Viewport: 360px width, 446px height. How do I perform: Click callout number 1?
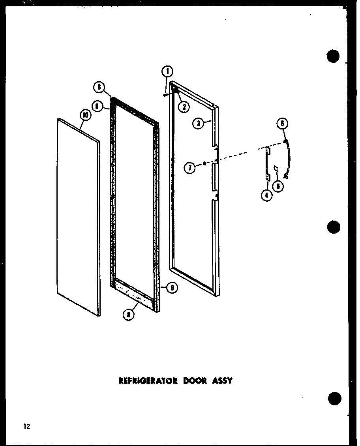(167, 71)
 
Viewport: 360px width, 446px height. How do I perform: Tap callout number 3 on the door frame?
(199, 123)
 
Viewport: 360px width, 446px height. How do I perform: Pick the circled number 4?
(267, 195)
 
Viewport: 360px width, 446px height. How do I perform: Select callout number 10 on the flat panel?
(86, 115)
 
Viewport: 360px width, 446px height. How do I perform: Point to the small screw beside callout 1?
(164, 94)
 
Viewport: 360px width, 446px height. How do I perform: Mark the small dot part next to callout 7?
(204, 163)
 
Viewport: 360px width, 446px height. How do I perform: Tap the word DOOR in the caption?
(195, 381)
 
